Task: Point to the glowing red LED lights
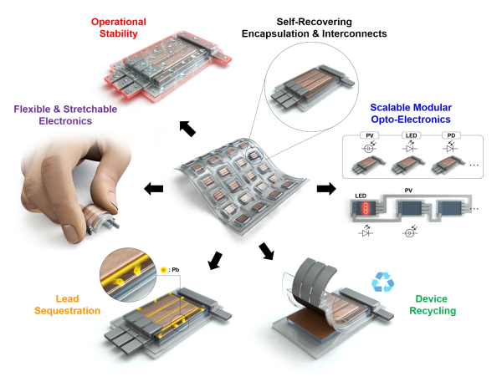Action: [361, 207]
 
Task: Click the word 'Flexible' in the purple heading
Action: [36, 108]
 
